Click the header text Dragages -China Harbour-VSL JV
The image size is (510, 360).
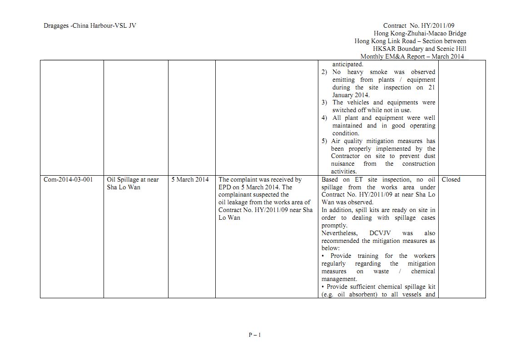(89, 25)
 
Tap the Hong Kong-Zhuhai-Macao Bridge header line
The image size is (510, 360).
(420, 33)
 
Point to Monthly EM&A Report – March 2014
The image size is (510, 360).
(412, 56)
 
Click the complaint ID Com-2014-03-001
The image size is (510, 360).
(68, 179)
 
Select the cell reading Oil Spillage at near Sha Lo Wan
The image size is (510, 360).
(133, 183)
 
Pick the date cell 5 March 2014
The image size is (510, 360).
(190, 179)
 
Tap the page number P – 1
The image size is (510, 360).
(255, 335)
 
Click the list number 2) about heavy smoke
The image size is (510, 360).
(324, 72)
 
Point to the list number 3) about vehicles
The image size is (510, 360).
(324, 102)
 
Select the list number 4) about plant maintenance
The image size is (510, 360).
(324, 118)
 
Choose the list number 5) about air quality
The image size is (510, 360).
(324, 141)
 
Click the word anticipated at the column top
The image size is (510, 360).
(347, 64)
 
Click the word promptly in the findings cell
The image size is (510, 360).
(334, 225)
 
